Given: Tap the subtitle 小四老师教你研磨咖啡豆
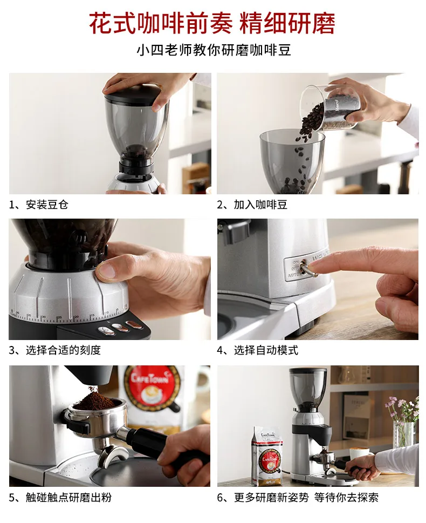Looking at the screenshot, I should [x=214, y=51].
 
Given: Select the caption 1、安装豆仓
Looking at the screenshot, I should [x=38, y=205].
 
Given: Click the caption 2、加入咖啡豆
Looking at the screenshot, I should [x=252, y=205].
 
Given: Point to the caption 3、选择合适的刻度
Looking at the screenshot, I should [x=54, y=350].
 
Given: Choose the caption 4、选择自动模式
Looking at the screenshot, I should [x=257, y=350].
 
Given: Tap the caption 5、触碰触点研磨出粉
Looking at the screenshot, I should [x=60, y=497].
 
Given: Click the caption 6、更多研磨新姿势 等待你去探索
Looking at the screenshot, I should [x=298, y=497].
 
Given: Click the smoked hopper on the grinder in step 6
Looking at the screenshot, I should [x=308, y=386].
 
